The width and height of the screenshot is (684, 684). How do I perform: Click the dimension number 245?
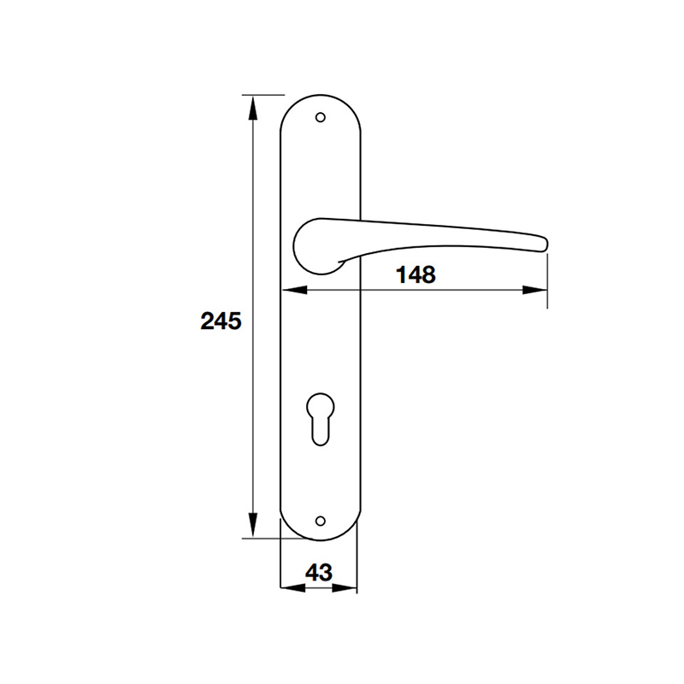(221, 321)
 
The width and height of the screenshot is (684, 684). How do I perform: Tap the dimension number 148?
(416, 274)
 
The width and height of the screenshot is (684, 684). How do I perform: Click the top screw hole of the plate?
(321, 117)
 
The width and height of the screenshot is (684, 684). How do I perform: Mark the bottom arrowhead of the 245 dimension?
(253, 528)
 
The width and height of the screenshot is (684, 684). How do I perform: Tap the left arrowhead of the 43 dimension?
(290, 588)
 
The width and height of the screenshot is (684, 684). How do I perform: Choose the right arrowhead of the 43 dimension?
(348, 588)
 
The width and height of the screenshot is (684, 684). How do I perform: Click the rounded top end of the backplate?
(321, 97)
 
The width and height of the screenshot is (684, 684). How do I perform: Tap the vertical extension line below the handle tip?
(547, 282)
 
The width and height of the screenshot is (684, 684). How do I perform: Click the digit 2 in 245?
(208, 321)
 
